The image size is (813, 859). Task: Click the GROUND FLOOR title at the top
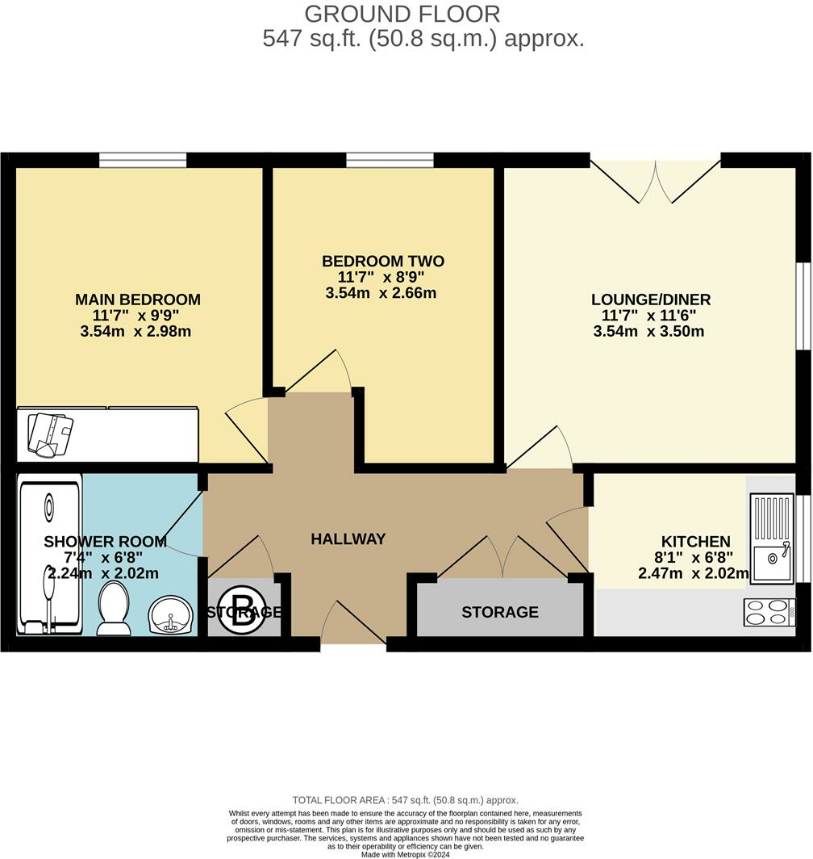click(402, 14)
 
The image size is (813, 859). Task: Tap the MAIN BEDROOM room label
click(138, 300)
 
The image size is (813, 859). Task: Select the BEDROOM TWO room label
click(382, 262)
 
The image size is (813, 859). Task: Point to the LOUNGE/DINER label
click(650, 300)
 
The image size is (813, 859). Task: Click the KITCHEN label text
click(695, 541)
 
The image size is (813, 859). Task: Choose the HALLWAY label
click(348, 538)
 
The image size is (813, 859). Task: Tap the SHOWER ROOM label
click(105, 541)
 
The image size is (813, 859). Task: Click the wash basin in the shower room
click(171, 615)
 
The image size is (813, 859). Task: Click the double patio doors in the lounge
click(655, 181)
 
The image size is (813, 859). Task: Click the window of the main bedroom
click(143, 160)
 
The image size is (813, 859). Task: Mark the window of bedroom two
click(390, 160)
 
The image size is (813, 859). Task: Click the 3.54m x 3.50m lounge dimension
click(650, 331)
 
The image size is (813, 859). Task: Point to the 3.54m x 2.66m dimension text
click(381, 293)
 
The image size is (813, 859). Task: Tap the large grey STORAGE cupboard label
click(500, 612)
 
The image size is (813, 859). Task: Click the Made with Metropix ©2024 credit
click(406, 854)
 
